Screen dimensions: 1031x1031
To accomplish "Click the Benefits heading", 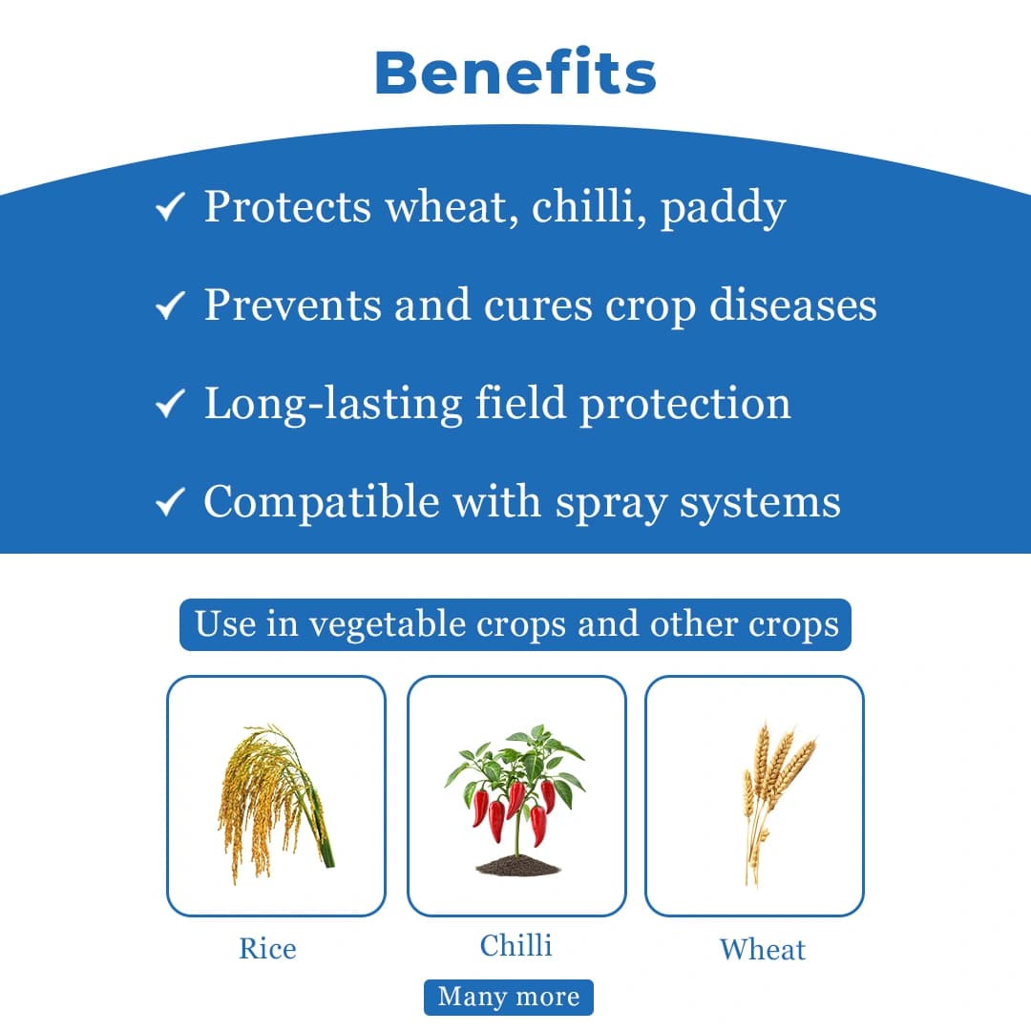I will click(515, 73).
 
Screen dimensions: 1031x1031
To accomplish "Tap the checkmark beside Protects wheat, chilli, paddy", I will click(169, 207).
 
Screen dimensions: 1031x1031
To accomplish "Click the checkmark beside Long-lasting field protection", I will click(169, 404).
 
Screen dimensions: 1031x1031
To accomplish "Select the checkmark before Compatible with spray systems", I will click(169, 502).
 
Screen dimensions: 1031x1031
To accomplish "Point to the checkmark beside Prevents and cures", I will click(169, 305).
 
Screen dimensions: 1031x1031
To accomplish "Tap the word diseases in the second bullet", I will click(792, 305).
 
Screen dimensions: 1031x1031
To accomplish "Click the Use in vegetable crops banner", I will click(515, 625).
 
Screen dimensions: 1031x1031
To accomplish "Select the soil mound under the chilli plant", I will click(517, 865).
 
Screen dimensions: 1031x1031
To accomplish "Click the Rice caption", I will click(267, 949).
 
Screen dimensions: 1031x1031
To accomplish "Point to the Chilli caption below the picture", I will click(515, 945).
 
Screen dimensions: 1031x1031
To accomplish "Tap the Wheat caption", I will click(762, 949).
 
